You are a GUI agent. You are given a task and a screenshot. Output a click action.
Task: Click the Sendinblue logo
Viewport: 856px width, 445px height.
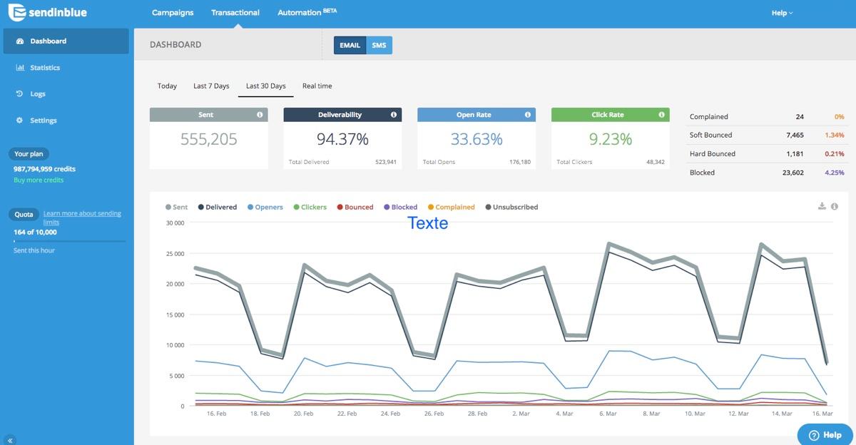(x=46, y=13)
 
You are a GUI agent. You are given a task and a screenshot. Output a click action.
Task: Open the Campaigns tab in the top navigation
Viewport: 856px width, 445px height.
(x=173, y=13)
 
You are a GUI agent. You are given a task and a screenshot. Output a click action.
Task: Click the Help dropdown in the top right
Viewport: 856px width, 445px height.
(x=782, y=13)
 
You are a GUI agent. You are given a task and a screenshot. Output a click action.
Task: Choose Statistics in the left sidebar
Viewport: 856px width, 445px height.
(x=44, y=68)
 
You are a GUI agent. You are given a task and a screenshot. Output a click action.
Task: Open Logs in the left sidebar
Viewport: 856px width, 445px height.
(x=37, y=94)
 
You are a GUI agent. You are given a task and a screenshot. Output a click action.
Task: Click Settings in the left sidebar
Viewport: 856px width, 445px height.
(x=43, y=121)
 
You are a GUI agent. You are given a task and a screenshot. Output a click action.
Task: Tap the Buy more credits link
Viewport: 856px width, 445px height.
(x=39, y=180)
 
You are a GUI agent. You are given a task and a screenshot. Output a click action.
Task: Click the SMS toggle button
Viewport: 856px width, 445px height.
(x=379, y=46)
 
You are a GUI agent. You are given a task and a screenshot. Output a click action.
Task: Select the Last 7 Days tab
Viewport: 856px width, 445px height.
(x=211, y=86)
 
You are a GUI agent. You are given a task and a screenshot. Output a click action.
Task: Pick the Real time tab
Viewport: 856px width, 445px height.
(x=317, y=86)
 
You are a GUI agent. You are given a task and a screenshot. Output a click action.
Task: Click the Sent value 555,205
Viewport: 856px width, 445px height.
(x=208, y=140)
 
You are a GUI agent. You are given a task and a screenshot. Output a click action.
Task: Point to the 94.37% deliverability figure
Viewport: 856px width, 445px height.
(x=342, y=140)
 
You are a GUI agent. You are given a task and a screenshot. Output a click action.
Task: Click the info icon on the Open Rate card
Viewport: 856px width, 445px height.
(x=528, y=115)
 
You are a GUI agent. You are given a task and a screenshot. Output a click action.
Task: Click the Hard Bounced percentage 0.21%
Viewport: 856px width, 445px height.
(x=834, y=154)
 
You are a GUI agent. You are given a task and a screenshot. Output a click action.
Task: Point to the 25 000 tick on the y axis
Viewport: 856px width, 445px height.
(x=174, y=254)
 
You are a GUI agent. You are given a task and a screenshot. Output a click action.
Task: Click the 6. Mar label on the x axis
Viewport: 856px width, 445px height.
(x=608, y=414)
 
